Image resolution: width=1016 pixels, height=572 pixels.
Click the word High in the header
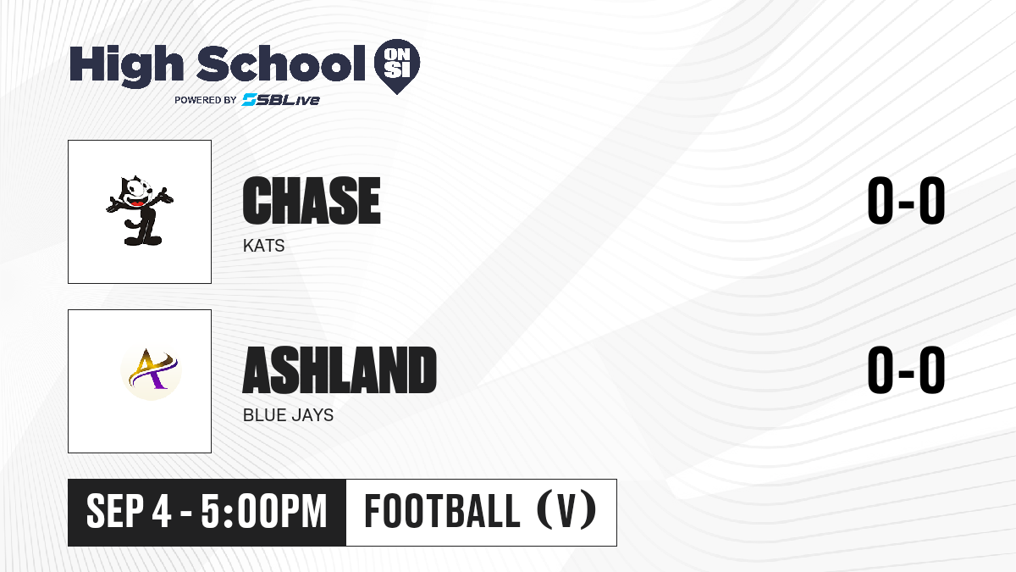[126, 65]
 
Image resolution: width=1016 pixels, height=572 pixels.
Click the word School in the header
[281, 64]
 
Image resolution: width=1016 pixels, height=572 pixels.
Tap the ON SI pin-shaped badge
[397, 66]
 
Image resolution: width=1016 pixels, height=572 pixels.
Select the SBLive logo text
[281, 99]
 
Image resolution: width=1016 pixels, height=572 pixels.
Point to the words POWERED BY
[206, 100]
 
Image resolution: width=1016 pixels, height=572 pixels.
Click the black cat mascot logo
[139, 211]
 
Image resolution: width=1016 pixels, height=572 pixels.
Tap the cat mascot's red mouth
[137, 203]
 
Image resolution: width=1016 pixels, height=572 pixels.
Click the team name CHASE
[312, 201]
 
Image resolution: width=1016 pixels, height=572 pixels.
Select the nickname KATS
[263, 246]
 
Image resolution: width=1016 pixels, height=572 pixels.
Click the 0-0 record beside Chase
[906, 201]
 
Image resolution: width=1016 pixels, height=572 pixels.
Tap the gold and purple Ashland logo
[151, 372]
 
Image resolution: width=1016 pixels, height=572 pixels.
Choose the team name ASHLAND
[340, 370]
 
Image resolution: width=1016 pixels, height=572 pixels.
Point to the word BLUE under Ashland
[263, 415]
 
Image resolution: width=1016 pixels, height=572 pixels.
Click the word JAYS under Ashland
[312, 415]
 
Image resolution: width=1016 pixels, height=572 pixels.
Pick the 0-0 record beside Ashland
[906, 370]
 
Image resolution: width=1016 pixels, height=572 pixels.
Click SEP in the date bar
[115, 512]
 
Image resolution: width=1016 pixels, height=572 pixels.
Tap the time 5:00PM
[264, 512]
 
